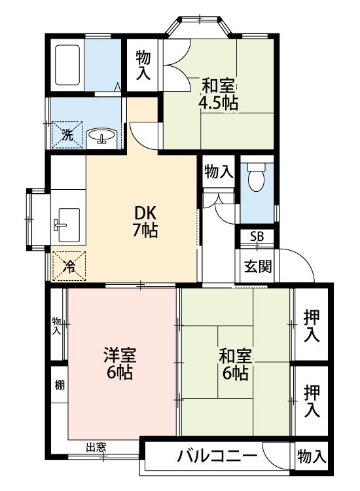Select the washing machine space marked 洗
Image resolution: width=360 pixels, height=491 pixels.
[x=67, y=134]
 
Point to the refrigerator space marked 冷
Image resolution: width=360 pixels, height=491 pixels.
[x=68, y=266]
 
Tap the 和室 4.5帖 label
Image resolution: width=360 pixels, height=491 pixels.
[x=219, y=94]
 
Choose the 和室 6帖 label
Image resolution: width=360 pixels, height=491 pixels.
[x=234, y=365]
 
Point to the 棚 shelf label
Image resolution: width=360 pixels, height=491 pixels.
[x=59, y=385]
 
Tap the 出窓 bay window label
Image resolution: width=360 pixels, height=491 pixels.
[x=96, y=448]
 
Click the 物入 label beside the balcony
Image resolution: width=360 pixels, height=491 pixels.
[x=310, y=456]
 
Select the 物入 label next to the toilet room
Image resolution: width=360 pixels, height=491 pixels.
[x=218, y=172]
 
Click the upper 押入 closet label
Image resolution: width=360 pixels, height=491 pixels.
[x=312, y=325]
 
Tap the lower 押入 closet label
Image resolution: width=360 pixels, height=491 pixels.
[x=312, y=401]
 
